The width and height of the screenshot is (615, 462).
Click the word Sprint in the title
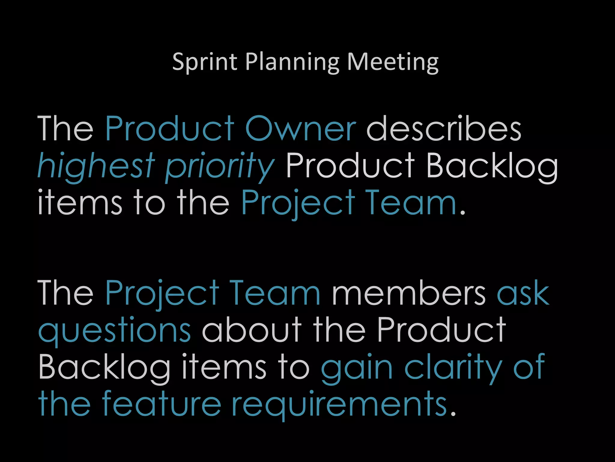pos(204,62)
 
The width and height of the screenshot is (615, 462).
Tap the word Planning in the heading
pos(292,62)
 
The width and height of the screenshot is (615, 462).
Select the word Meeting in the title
pos(393,62)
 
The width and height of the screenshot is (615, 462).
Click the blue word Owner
pos(301,129)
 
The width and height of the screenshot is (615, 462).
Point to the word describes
pos(444,129)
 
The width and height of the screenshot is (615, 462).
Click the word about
pos(252,330)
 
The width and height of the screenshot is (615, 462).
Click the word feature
pos(162,404)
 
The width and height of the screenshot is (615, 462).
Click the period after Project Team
pos(463,212)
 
